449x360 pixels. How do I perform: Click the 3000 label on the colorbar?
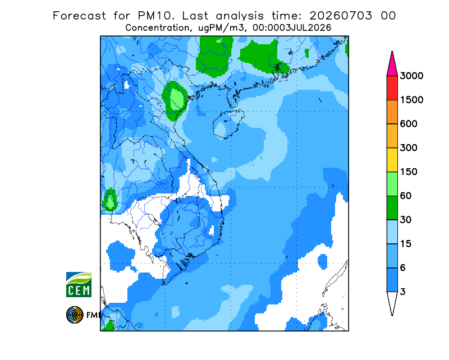pos(411,76)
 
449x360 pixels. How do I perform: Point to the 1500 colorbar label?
pos(411,100)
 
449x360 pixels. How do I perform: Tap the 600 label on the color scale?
pos(409,124)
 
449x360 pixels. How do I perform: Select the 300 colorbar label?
pos(409,148)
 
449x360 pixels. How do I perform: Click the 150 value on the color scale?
pos(409,172)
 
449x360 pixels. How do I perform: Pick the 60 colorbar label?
pos(406,196)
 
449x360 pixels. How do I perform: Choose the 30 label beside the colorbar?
pos(406,220)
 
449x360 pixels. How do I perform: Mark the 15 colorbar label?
pos(406,244)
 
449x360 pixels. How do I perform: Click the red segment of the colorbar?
pos(392,88)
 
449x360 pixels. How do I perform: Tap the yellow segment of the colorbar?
pos(392,160)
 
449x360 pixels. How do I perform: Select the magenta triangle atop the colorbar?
pos(392,65)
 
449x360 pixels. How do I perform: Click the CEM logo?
pos(79,284)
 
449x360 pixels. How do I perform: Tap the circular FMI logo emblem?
pos(75,315)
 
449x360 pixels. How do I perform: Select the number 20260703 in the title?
pos(341,16)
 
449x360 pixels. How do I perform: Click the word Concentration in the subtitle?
pos(158,28)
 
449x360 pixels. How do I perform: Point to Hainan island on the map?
pos(228,124)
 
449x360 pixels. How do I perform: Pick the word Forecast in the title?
pos(79,16)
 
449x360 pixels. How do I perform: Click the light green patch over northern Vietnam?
pos(177,99)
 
